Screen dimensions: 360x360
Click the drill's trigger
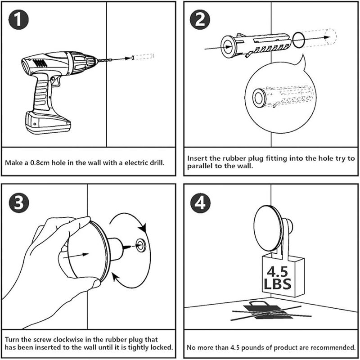[55, 81]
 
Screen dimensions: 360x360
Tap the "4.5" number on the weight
[278, 272]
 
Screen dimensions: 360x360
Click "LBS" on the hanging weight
[278, 284]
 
